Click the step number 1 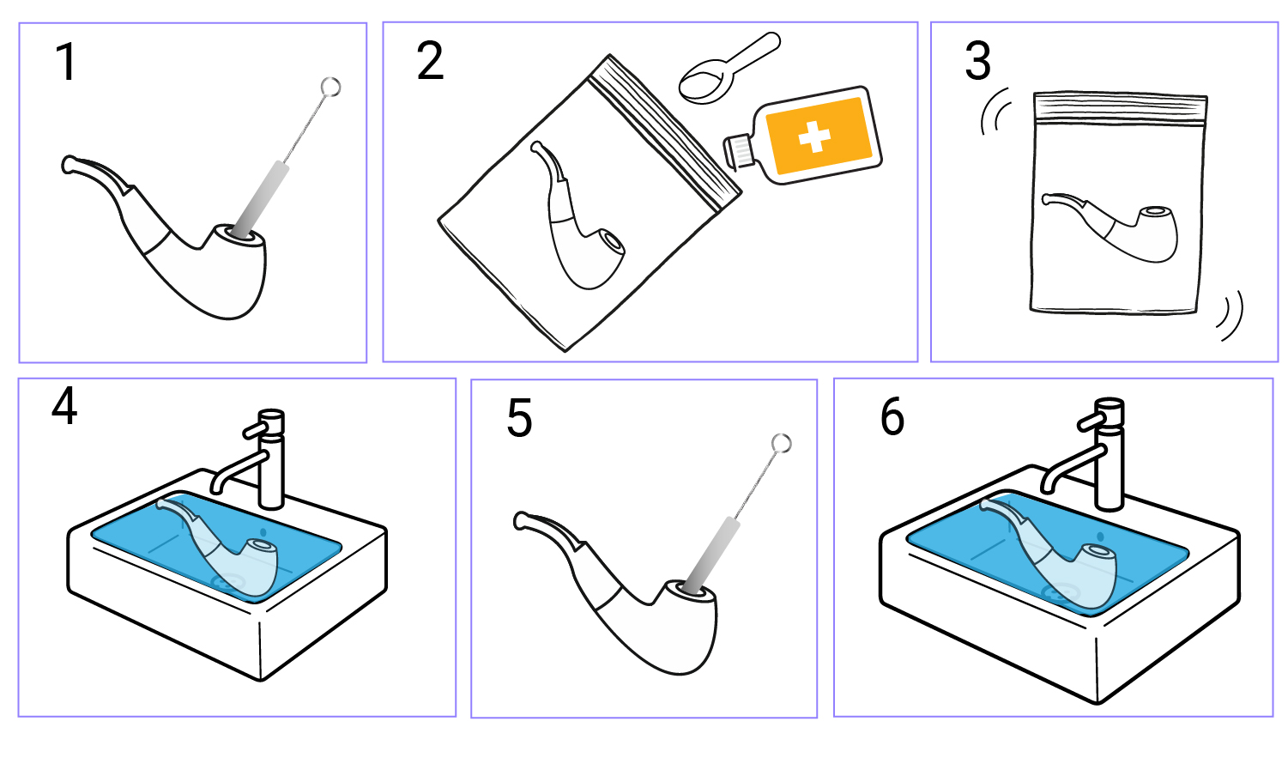pyautogui.click(x=67, y=62)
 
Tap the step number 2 pyautogui.click(x=430, y=60)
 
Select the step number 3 pyautogui.click(x=978, y=60)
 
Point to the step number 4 pyautogui.click(x=64, y=405)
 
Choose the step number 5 pyautogui.click(x=519, y=418)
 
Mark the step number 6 pyautogui.click(x=892, y=416)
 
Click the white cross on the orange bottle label pyautogui.click(x=814, y=136)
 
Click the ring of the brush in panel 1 pyautogui.click(x=330, y=88)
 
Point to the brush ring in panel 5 pyautogui.click(x=782, y=443)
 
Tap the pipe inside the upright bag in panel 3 pyautogui.click(x=1110, y=227)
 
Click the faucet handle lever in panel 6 pyautogui.click(x=1091, y=422)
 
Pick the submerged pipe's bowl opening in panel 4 pyautogui.click(x=262, y=544)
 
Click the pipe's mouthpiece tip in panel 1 pyautogui.click(x=68, y=165)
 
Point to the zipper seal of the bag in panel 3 pyautogui.click(x=1120, y=109)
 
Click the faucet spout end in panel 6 pyautogui.click(x=1048, y=488)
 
